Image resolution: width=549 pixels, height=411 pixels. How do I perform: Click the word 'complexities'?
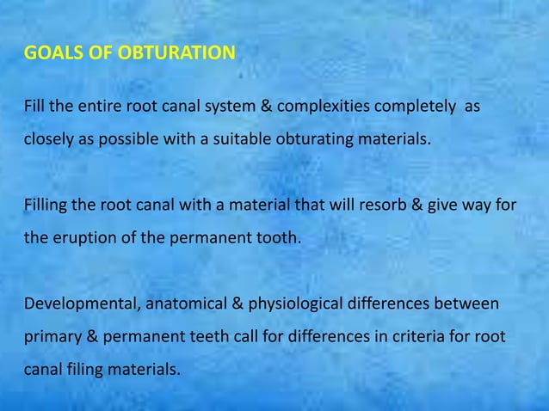(x=324, y=107)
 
